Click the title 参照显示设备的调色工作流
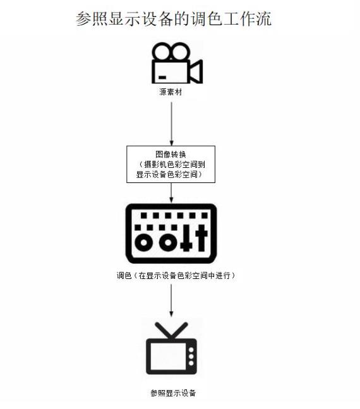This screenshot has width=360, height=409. click(x=174, y=18)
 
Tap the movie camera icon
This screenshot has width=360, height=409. click(x=177, y=63)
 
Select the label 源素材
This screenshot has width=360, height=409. click(x=171, y=92)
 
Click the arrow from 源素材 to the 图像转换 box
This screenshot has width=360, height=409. click(x=172, y=124)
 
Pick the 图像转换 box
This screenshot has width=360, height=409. click(x=171, y=164)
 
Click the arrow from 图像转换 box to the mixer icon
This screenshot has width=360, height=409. click(x=171, y=193)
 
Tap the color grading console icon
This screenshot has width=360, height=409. click(x=171, y=234)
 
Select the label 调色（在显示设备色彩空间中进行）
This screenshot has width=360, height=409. click(x=176, y=275)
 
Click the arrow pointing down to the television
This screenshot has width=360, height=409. click(x=171, y=300)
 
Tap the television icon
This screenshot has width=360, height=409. click(x=171, y=348)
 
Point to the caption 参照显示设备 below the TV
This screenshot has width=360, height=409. click(x=173, y=393)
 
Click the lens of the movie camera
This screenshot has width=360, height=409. click(x=196, y=72)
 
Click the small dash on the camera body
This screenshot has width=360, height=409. click(x=162, y=78)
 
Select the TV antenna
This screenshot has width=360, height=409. click(x=171, y=330)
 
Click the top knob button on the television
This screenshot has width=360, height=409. click(x=191, y=350)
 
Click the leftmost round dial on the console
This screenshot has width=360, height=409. click(x=143, y=242)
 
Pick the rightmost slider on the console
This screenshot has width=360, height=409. click(x=201, y=237)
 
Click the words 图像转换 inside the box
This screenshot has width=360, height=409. click(x=171, y=154)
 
